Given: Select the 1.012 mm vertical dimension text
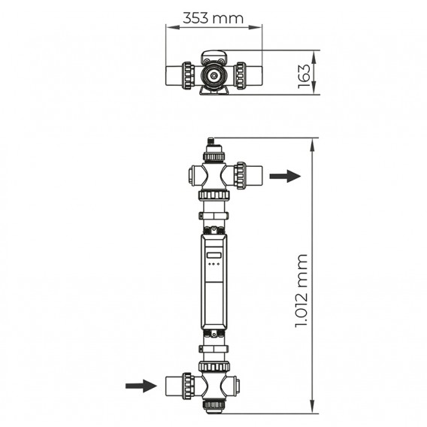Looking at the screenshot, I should click(302, 289).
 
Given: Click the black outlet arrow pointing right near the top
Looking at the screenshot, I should click(285, 176).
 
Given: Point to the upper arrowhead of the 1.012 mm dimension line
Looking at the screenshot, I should click(311, 141).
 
